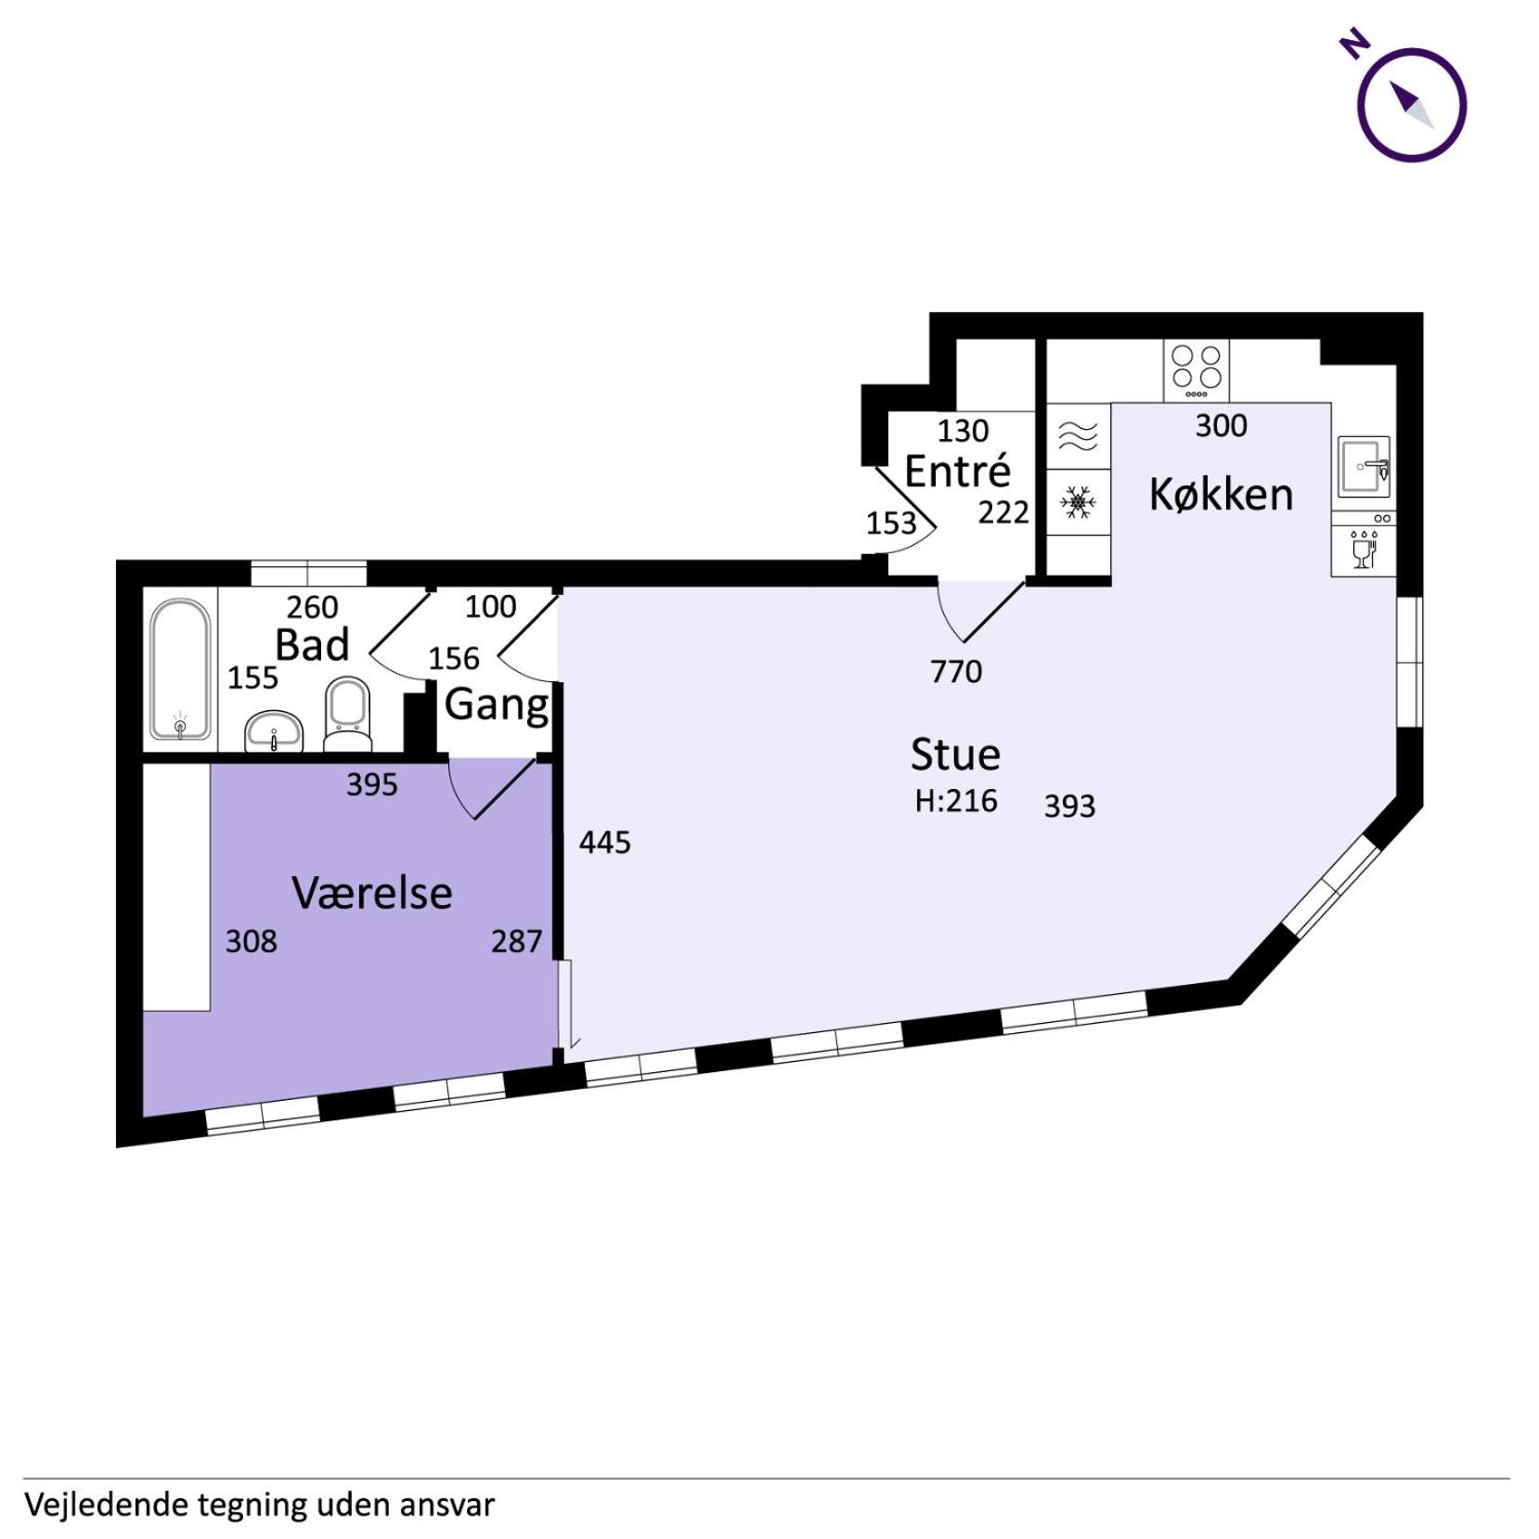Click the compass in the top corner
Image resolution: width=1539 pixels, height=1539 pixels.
pyautogui.click(x=1411, y=104)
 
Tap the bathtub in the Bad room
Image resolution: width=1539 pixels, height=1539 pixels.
pyautogui.click(x=180, y=669)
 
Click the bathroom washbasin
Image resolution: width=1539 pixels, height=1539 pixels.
pyautogui.click(x=274, y=731)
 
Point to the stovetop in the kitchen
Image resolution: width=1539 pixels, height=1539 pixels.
pyautogui.click(x=1196, y=370)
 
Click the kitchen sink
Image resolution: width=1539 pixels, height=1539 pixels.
pyautogui.click(x=1364, y=466)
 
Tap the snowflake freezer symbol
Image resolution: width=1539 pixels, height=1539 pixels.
pyautogui.click(x=1078, y=502)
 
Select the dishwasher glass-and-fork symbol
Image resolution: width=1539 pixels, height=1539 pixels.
pyautogui.click(x=1364, y=550)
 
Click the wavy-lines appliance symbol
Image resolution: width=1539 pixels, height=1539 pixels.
pyautogui.click(x=1078, y=435)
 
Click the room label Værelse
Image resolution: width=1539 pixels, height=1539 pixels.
pyautogui.click(x=372, y=892)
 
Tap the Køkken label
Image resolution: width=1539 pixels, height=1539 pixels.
pyautogui.click(x=1221, y=494)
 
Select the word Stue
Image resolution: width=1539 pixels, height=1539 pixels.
pyautogui.click(x=955, y=754)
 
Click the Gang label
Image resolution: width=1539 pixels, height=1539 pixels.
pyautogui.click(x=497, y=705)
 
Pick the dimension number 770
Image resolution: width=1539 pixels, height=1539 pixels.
pyautogui.click(x=956, y=670)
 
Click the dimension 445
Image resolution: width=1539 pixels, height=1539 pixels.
pyautogui.click(x=604, y=842)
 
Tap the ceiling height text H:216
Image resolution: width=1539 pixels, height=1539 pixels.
pyautogui.click(x=956, y=800)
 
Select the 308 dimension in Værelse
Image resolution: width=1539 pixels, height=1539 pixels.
pyautogui.click(x=252, y=941)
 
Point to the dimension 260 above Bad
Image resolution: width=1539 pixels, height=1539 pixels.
pyautogui.click(x=312, y=607)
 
